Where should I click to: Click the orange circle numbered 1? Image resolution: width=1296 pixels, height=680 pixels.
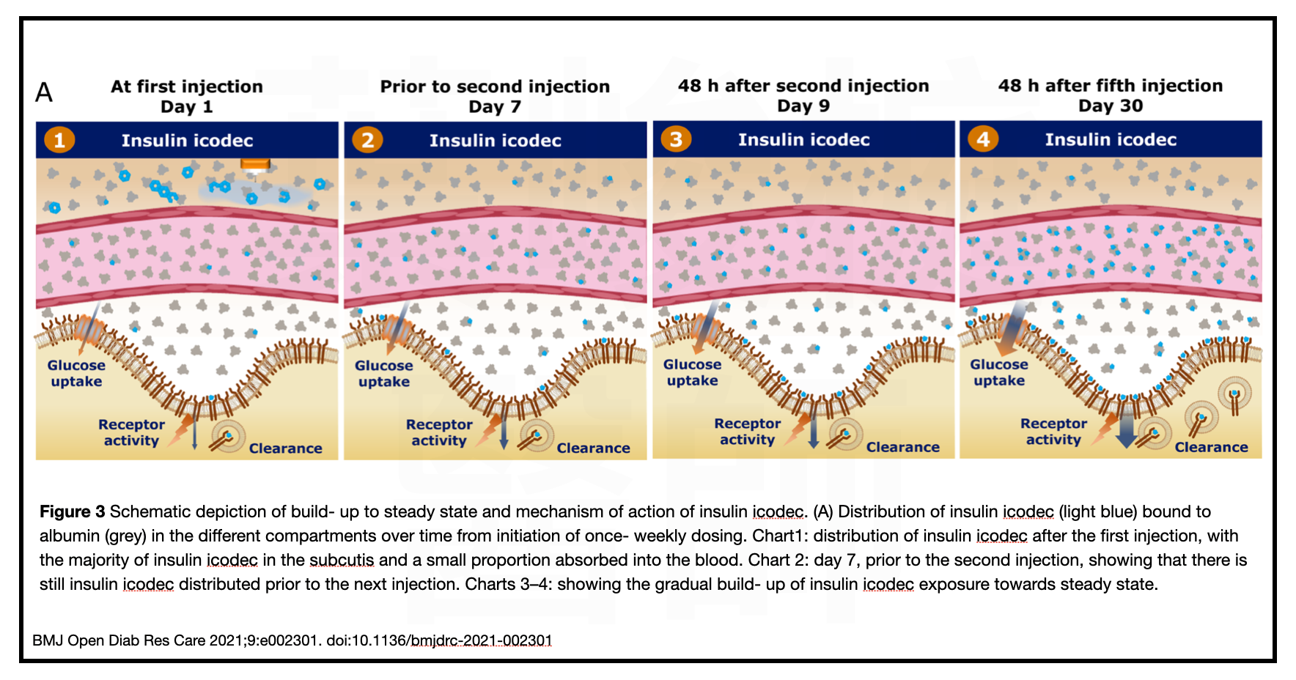coord(59,140)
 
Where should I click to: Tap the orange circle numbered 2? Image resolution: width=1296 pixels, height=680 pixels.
coord(367,140)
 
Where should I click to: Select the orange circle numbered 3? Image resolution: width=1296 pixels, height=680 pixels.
coord(676,139)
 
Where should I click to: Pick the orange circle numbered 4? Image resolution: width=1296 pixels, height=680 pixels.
coord(983,139)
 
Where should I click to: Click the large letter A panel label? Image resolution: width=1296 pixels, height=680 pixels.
coord(44,93)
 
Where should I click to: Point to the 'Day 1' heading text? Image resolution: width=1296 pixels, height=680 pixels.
coord(186,107)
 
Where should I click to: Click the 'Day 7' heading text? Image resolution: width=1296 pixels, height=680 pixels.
coord(495,107)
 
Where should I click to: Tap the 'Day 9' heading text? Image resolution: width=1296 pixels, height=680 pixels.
coord(803,106)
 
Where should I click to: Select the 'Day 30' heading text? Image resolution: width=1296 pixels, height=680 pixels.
coord(1110,106)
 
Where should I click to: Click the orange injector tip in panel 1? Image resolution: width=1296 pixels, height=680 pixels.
coord(255,165)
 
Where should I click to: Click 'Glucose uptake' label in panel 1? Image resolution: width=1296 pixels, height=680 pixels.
coord(76,373)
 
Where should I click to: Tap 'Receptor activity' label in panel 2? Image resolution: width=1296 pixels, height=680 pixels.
coord(439,432)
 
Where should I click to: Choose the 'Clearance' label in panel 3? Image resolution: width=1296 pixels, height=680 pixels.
coord(902,447)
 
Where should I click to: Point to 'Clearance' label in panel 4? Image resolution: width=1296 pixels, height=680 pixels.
coord(1211,447)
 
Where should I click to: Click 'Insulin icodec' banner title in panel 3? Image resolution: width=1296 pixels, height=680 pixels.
coord(803,140)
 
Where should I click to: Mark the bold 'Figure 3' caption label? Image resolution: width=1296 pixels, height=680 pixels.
coord(72,511)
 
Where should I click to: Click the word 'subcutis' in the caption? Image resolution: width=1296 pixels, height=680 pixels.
coord(342,560)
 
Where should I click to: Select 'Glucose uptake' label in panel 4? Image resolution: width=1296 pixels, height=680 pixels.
coord(998,372)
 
